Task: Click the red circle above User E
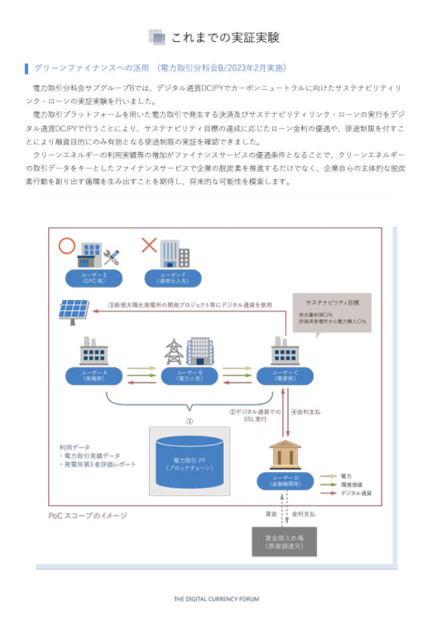[67, 245]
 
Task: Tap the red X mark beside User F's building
[148, 245]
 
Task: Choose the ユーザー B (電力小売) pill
[189, 375]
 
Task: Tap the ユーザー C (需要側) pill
[286, 375]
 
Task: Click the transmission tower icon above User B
[174, 351]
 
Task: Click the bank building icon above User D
[284, 454]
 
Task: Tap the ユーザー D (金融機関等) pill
[285, 481]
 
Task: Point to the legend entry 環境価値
[350, 484]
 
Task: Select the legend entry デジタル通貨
[356, 493]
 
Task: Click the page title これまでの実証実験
[225, 37]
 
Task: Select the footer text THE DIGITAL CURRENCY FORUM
[217, 599]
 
